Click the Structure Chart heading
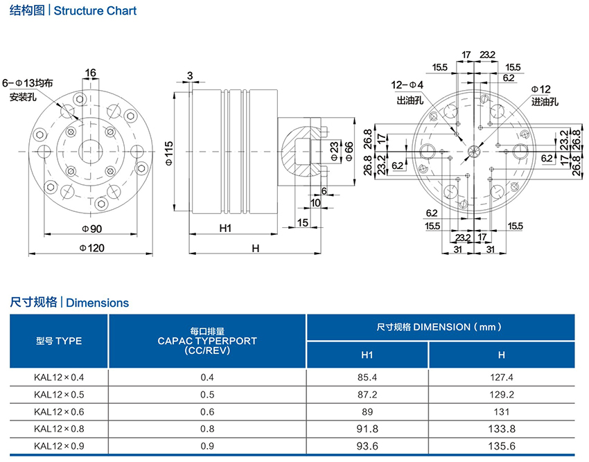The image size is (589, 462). pyautogui.click(x=73, y=11)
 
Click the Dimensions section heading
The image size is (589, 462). pyautogui.click(x=69, y=303)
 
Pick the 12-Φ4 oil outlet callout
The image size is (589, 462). pyautogui.click(x=408, y=85)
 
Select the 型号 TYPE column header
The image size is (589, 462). pyautogui.click(x=59, y=341)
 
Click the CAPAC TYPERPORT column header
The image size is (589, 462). pyautogui.click(x=207, y=341)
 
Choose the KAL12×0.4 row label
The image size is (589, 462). pyautogui.click(x=58, y=377)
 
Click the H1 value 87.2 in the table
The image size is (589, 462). pyautogui.click(x=367, y=395)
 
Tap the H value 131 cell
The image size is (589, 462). pyautogui.click(x=501, y=411)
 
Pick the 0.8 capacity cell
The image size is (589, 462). pyautogui.click(x=207, y=429)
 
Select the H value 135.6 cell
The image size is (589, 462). pyautogui.click(x=501, y=446)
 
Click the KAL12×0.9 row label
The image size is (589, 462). pyautogui.click(x=58, y=446)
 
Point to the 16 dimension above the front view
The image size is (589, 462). pyautogui.click(x=91, y=72)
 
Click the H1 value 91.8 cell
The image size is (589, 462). pyautogui.click(x=367, y=429)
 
